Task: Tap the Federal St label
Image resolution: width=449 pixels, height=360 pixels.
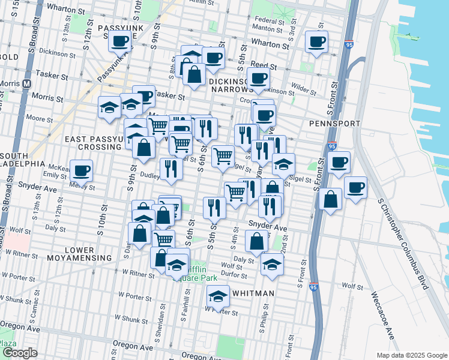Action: click(x=268, y=20)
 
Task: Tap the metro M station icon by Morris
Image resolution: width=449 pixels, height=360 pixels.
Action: click(x=26, y=85)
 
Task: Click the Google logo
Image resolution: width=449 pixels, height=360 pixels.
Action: click(x=20, y=353)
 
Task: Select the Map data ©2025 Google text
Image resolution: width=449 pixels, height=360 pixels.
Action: click(x=411, y=355)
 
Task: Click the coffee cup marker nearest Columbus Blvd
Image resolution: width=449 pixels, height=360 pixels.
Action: click(x=355, y=188)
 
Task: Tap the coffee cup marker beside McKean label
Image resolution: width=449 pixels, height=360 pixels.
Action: click(x=81, y=170)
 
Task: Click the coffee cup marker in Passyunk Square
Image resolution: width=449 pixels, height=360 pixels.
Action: click(x=120, y=41)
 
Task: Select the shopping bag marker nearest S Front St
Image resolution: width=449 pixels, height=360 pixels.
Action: click(x=330, y=199)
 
